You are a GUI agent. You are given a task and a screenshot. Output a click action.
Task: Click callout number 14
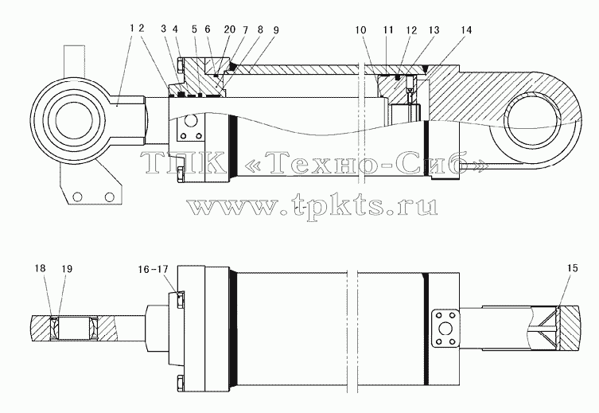pyautogui.click(x=467, y=29)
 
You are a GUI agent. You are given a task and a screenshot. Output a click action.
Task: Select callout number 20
pyautogui.click(x=230, y=29)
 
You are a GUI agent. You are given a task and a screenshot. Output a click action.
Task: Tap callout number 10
pyautogui.click(x=360, y=29)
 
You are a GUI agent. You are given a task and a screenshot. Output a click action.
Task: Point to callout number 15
pyautogui.click(x=573, y=268)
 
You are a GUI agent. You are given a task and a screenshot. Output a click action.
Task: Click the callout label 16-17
pyautogui.click(x=153, y=269)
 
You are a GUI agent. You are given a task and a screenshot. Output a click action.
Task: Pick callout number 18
pyautogui.click(x=40, y=268)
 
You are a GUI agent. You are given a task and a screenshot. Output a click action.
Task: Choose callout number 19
pyautogui.click(x=67, y=269)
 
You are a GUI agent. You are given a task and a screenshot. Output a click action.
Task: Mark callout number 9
pyautogui.click(x=276, y=29)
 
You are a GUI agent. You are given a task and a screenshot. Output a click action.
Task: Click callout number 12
pyautogui.click(x=411, y=29)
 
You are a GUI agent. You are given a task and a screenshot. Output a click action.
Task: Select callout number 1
pyautogui.click(x=132, y=28)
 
